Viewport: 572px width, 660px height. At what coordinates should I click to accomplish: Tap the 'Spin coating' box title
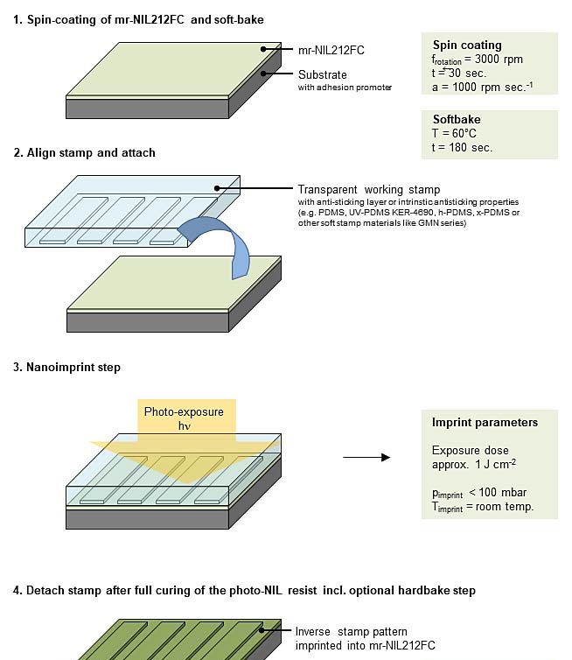[467, 45]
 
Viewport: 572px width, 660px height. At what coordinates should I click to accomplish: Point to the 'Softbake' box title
[457, 119]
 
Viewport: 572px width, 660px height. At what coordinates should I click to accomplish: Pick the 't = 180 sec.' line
[463, 147]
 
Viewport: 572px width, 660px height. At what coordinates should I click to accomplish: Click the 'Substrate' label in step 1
[323, 74]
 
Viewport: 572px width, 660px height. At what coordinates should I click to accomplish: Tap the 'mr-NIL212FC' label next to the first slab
[331, 50]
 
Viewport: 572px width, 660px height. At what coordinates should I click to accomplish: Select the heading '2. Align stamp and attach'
[85, 152]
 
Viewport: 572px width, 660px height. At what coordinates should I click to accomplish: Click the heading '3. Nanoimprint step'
[67, 368]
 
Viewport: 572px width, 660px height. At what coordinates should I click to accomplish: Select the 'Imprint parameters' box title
[485, 423]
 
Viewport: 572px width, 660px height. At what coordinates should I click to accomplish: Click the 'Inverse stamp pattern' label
[352, 631]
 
